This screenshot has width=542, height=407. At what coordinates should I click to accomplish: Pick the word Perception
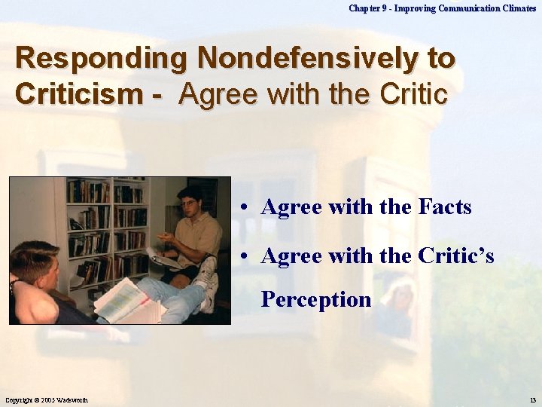point(316,300)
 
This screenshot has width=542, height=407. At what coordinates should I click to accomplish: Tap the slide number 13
point(532,399)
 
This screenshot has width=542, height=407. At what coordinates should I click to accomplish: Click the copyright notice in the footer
point(49,399)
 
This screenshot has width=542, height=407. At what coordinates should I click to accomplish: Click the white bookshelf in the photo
point(105,226)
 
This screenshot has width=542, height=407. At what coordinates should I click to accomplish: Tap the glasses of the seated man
point(188,203)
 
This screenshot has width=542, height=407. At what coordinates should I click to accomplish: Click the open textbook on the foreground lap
point(124,300)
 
